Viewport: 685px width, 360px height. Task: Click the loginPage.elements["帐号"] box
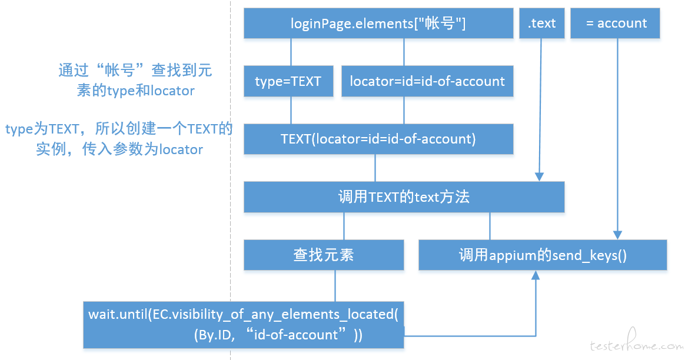(x=378, y=23)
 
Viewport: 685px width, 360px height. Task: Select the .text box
(x=542, y=23)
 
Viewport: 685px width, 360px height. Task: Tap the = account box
(x=615, y=23)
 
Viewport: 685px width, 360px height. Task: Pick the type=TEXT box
(x=288, y=81)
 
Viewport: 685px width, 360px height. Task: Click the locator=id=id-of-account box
(x=427, y=81)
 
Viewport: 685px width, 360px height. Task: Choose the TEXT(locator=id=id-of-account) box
(x=378, y=139)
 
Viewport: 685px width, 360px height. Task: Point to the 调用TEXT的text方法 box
(x=404, y=197)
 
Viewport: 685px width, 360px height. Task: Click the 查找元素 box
(x=324, y=255)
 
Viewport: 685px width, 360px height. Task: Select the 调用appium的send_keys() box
(x=543, y=255)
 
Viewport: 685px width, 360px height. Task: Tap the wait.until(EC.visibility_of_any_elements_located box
(x=243, y=325)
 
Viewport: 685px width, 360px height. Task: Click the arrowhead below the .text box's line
(x=540, y=176)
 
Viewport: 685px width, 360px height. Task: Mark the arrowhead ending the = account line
(x=617, y=235)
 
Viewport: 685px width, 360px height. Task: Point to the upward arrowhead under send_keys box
(x=536, y=275)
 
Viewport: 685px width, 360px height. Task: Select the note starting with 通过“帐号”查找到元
(x=135, y=80)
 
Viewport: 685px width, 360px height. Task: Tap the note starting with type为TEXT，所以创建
(x=119, y=138)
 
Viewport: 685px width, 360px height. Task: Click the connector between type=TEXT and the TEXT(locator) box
(x=291, y=110)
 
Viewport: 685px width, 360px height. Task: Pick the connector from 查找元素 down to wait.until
(x=335, y=286)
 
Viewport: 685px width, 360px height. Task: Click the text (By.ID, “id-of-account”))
(x=278, y=335)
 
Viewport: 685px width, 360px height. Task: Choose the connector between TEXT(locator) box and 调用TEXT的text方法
(x=375, y=168)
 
